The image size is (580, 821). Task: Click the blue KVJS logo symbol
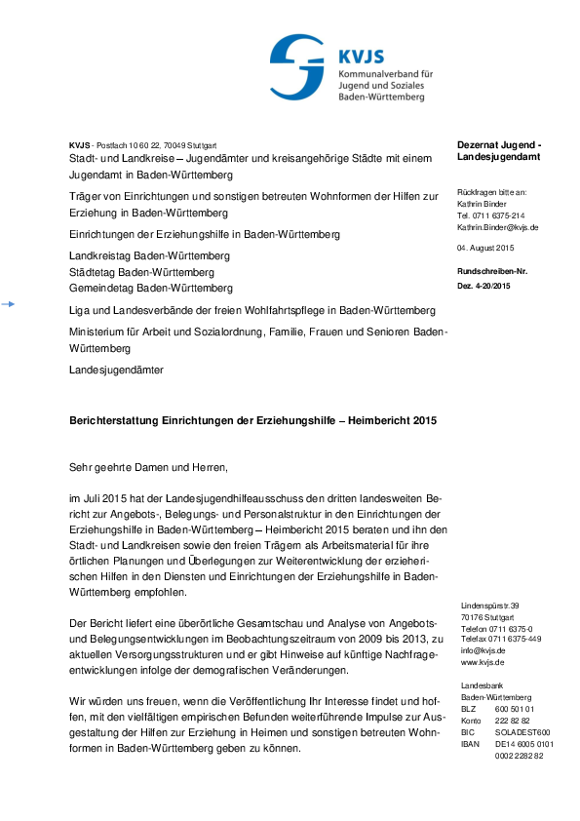coord(297,62)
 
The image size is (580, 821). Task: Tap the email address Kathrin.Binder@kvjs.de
coord(498,227)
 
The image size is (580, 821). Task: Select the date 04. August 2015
coord(485,249)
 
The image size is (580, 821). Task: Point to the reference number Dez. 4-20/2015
coord(483,286)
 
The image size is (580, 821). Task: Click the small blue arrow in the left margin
coord(8,305)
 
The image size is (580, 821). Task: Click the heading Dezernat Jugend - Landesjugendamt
coord(498,150)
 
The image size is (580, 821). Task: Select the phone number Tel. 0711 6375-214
coord(491,215)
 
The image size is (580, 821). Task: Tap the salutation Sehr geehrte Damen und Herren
coord(148,468)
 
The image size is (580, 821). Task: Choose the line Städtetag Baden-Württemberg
coord(142,272)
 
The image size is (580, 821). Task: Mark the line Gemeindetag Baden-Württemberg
coord(150,289)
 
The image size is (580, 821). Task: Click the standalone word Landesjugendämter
coord(117,371)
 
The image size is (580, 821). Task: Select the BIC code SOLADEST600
coord(522,732)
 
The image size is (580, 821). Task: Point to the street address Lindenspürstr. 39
coord(490,606)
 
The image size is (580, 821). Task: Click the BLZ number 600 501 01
coord(515,709)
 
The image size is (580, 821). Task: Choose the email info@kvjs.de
coord(483,650)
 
